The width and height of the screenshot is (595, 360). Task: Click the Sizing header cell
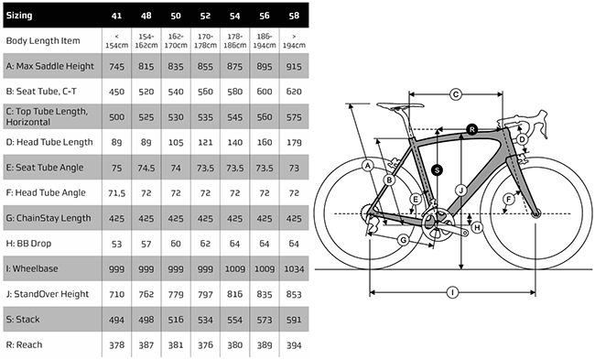tap(19, 16)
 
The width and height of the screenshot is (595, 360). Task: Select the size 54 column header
tap(235, 16)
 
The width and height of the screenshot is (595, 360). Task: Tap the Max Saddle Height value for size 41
tap(116, 67)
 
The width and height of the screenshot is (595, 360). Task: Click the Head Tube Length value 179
tap(294, 142)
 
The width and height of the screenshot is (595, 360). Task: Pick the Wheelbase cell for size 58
tap(294, 269)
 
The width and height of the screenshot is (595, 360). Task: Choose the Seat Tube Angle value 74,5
tap(146, 168)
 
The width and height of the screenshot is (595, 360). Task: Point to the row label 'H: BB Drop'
tap(29, 244)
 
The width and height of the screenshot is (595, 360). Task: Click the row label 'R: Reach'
tap(25, 344)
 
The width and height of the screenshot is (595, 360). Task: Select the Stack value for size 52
tap(205, 320)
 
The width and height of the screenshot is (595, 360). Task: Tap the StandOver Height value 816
tap(235, 294)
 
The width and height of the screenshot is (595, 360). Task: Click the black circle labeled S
tap(438, 170)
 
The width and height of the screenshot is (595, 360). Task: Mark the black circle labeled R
tap(471, 129)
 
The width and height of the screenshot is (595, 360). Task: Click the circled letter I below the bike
tap(452, 292)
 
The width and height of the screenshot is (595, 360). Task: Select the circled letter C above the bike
tap(456, 94)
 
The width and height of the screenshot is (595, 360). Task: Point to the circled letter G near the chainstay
tap(403, 240)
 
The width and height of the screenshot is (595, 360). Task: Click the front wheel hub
tap(535, 214)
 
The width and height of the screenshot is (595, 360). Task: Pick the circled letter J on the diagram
tap(461, 190)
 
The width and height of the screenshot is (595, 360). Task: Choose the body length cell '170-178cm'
tap(205, 41)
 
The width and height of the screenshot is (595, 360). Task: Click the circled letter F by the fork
tap(508, 199)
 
